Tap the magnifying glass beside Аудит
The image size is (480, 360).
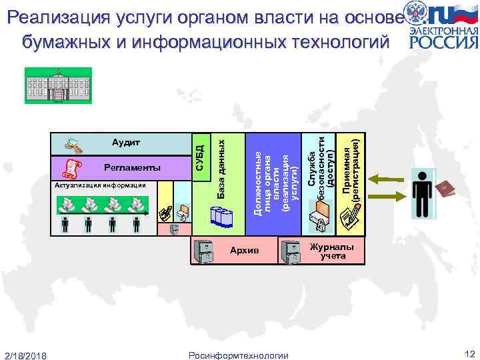click(68, 143)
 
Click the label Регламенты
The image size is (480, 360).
click(132, 167)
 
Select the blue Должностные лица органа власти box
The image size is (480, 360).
click(272, 183)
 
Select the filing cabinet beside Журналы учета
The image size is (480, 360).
click(291, 250)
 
